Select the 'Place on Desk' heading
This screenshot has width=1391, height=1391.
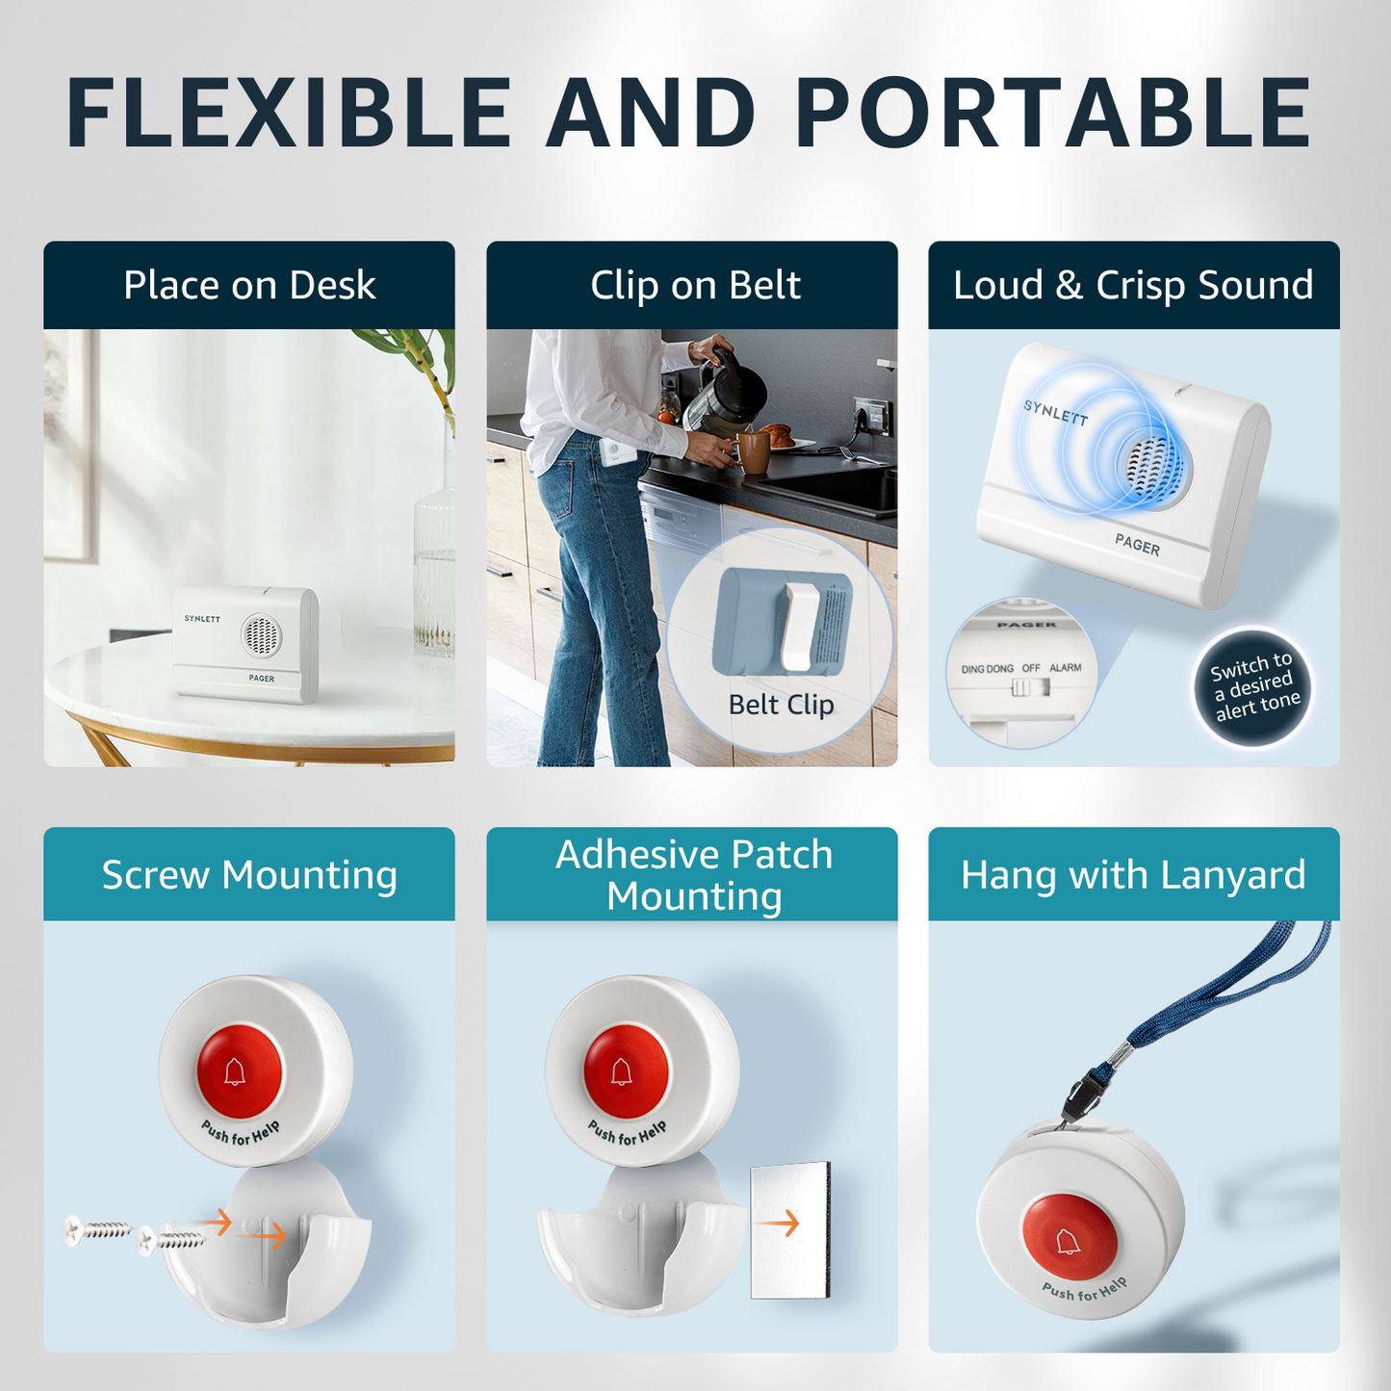coord(249,285)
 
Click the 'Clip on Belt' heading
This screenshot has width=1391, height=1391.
coord(695,285)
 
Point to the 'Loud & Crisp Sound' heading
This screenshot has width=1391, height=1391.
coord(1133,285)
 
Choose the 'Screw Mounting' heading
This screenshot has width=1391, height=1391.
coord(249,876)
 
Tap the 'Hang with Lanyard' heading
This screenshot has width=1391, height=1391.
coord(1133,876)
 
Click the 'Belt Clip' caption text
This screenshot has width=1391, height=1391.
coord(781,705)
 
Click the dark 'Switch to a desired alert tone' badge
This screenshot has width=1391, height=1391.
coord(1252,686)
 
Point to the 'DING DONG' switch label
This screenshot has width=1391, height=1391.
coord(987,669)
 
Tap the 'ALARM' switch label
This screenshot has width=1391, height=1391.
coord(1065,668)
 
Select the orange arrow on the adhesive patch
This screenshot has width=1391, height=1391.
coord(781,1224)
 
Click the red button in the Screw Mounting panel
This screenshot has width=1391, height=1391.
coord(239,1070)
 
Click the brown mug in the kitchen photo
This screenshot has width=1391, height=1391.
coord(752,452)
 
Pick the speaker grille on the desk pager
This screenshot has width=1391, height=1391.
coord(261,635)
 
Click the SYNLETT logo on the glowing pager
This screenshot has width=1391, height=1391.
coord(1055,413)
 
